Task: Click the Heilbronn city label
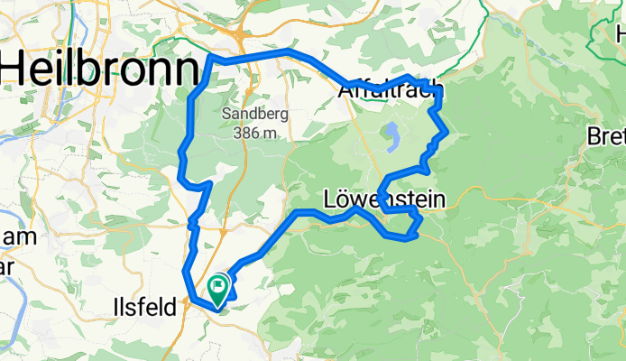pos(99,69)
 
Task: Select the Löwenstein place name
pos(383,199)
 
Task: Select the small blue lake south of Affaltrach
pos(393,136)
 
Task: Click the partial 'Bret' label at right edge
pos(606,137)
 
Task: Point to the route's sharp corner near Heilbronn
pos(211,58)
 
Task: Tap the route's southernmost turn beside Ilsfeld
pos(216,309)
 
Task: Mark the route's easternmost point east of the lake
pos(447,134)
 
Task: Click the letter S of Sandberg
pos(226,116)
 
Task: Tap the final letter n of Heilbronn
pos(185,69)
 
